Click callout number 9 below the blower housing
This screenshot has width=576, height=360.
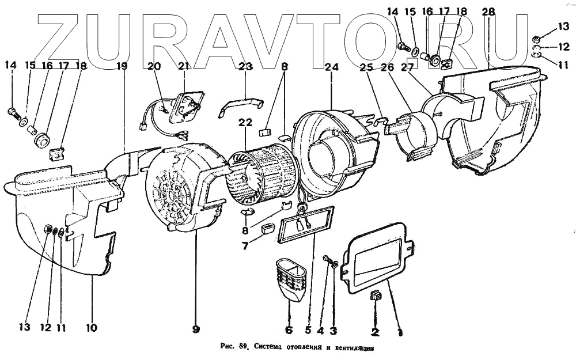pos(196,329)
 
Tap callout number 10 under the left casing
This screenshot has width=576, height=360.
pos(92,328)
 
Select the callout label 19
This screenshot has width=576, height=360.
pos(122,66)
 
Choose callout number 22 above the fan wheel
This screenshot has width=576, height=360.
pos(245,123)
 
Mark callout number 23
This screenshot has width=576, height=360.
pos(246,66)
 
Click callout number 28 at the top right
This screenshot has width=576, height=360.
pos(488,12)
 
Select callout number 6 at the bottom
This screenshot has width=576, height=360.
pos(289,330)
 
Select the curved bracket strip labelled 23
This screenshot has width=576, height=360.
pos(242,106)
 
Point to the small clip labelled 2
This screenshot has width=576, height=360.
pos(376,297)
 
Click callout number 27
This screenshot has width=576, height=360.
pos(408,66)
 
